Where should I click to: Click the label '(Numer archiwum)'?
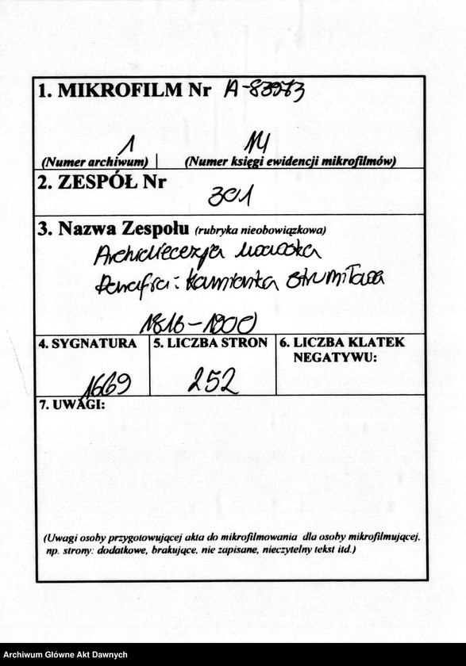pos(94,162)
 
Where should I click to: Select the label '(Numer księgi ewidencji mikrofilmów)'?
pos(290,162)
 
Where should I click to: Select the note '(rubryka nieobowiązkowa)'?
pos(260,231)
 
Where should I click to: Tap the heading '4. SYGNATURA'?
pos(87,344)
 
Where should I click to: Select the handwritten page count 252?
pos(212,383)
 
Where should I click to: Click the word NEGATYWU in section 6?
pos(334,358)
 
